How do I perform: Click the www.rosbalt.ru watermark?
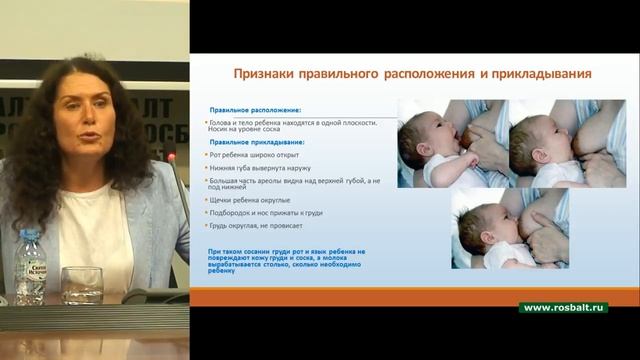point(564,307)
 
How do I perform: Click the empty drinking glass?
point(81,284)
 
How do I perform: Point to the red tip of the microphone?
point(171,158)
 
